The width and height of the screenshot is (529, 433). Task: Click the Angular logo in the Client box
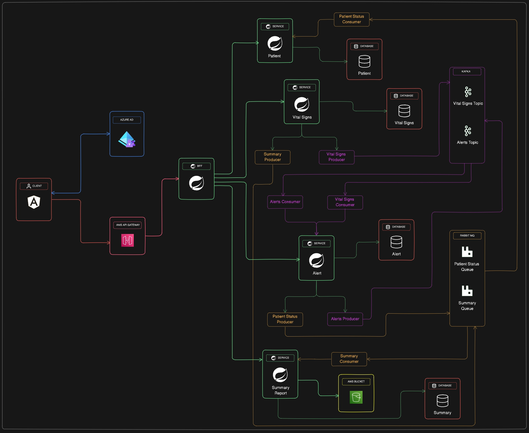click(34, 202)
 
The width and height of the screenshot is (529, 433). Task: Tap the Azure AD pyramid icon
click(127, 139)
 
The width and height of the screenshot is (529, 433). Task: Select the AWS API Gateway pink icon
click(127, 240)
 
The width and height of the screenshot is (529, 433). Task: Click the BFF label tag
click(196, 166)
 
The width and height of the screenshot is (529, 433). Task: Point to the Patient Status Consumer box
click(352, 19)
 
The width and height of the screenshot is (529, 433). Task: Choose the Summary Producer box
click(272, 157)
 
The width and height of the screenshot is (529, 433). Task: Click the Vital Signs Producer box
click(336, 157)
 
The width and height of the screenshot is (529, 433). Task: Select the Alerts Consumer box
click(285, 202)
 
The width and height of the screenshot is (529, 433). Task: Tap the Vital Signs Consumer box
click(345, 202)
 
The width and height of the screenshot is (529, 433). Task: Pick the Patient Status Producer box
click(285, 319)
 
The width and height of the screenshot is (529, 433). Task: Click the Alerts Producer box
click(345, 319)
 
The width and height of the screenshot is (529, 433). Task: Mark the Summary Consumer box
click(349, 359)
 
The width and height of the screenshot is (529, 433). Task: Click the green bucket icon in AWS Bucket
click(356, 397)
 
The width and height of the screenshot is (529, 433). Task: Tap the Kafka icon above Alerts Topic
click(468, 131)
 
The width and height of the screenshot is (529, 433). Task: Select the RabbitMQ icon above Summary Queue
click(467, 291)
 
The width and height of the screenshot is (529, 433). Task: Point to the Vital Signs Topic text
click(468, 103)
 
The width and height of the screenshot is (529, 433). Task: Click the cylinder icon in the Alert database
click(396, 242)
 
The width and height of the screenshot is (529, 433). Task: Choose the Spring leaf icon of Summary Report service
click(280, 375)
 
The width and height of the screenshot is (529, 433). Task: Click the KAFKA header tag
click(467, 71)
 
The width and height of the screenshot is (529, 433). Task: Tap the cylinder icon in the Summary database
click(442, 401)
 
